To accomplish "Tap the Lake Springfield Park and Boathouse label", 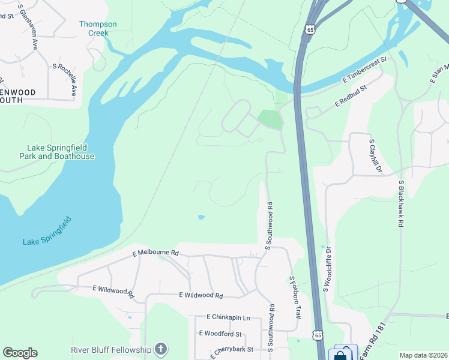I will (61, 152).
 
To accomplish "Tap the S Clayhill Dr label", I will (375, 156).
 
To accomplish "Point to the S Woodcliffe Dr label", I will (328, 269).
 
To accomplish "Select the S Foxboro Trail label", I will (295, 297).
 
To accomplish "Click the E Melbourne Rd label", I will (155, 253).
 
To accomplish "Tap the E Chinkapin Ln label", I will (228, 317).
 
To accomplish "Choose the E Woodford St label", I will (220, 334).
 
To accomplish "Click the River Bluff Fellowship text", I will (111, 349).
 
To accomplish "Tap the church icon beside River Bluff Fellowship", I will (160, 349).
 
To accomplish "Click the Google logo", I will (20, 353).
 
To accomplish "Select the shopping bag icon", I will (340, 355).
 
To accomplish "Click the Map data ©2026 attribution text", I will (423, 355).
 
